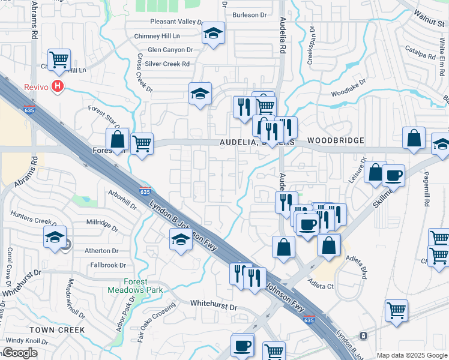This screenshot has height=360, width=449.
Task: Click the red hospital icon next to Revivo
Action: click(x=58, y=86)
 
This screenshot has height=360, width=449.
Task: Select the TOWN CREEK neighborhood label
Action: click(x=50, y=330)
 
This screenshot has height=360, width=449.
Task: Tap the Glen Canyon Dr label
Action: click(x=170, y=50)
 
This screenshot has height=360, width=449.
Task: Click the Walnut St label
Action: click(x=430, y=23)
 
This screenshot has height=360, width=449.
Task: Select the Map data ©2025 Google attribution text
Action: click(x=412, y=355)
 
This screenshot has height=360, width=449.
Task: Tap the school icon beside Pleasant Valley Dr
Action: click(x=212, y=34)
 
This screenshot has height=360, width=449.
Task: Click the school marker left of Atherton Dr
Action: click(x=55, y=236)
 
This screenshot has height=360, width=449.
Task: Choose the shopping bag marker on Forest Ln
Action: click(x=118, y=139)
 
